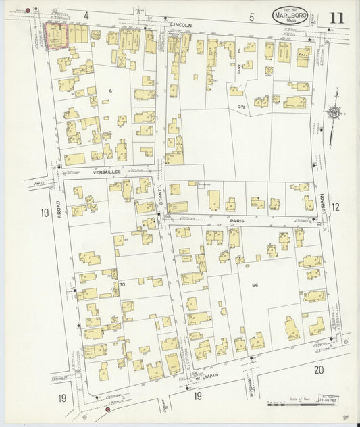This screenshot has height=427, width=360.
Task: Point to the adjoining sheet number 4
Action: (86, 15)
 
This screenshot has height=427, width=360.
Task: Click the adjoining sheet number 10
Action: (45, 214)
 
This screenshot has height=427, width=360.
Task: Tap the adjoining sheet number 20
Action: (319, 370)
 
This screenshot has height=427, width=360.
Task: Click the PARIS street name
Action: (236, 220)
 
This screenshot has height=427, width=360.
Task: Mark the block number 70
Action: (122, 285)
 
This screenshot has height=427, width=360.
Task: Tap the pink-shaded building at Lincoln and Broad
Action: (57, 35)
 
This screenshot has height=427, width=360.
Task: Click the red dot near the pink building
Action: (28, 11)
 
